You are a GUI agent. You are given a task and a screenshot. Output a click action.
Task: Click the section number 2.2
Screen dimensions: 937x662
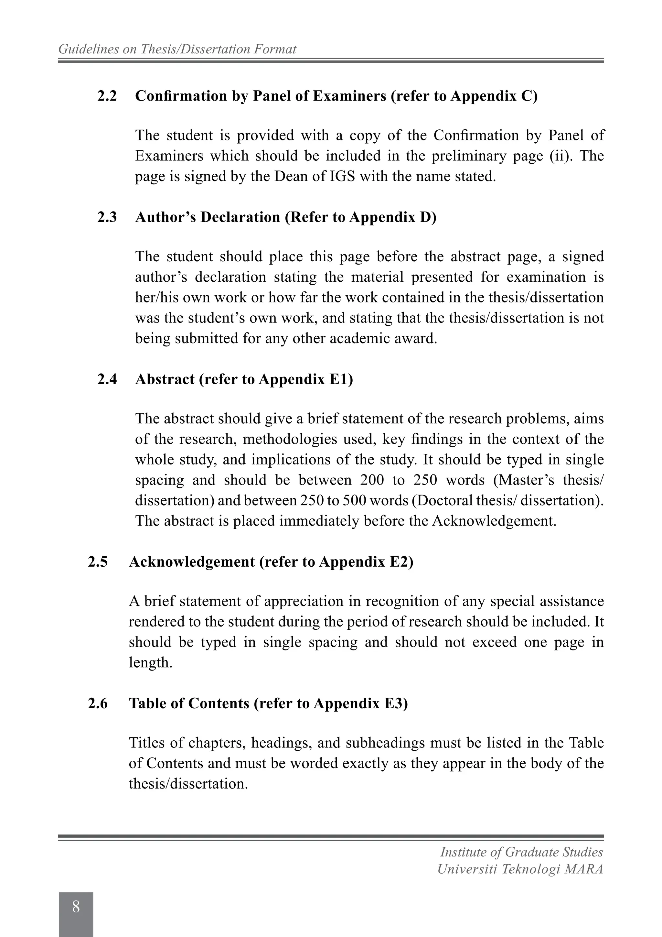(x=107, y=96)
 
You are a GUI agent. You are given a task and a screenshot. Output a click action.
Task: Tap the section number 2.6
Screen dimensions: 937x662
(x=98, y=703)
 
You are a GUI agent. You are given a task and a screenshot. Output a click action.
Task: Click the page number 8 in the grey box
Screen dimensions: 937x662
(x=76, y=907)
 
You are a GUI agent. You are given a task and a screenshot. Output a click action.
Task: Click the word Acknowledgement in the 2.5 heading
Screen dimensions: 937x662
(x=192, y=562)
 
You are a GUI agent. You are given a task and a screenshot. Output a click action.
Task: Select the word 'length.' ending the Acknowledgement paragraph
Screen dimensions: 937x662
(x=151, y=663)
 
